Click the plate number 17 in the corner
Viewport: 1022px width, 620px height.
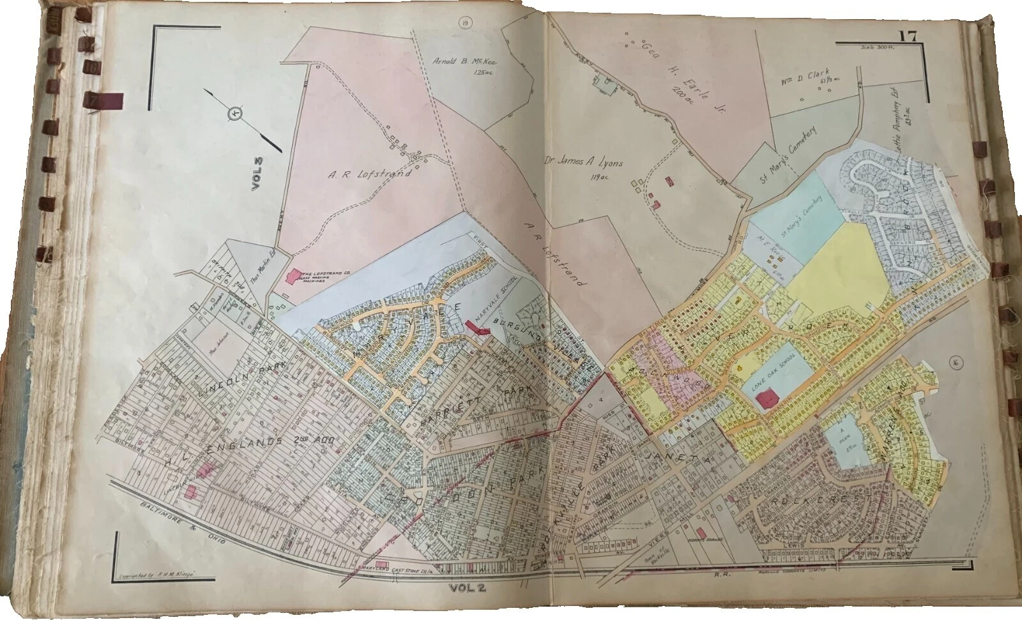908,36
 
